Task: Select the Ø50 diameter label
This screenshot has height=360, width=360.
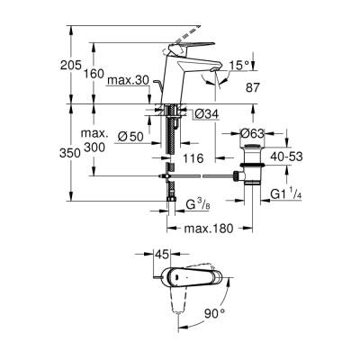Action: coord(130,135)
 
